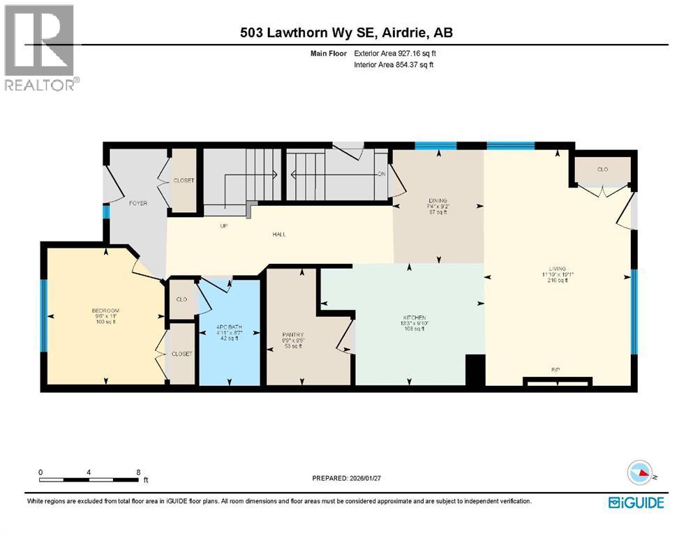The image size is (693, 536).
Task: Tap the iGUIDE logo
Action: click(x=636, y=502)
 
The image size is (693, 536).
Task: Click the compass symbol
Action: click(x=642, y=473)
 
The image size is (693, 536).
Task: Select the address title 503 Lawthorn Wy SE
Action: click(x=346, y=33)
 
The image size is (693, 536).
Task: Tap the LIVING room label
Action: click(x=557, y=269)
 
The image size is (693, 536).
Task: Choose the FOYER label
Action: click(x=137, y=203)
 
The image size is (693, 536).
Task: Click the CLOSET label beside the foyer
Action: click(x=184, y=180)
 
